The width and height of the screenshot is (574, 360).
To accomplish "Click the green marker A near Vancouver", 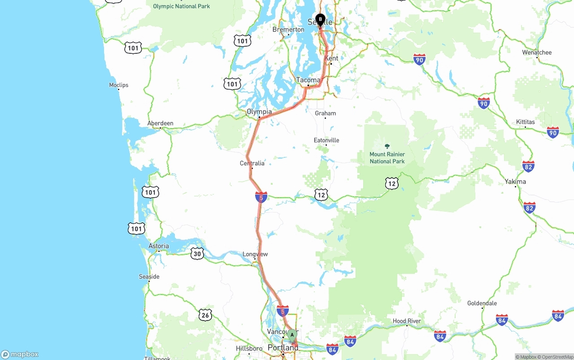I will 292,334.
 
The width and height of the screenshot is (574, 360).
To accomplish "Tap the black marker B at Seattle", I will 320,19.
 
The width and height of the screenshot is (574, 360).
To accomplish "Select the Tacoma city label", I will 308,80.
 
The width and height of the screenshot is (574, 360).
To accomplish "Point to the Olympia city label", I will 259,112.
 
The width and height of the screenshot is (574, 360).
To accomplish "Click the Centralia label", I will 252,163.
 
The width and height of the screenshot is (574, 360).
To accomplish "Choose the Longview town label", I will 255,254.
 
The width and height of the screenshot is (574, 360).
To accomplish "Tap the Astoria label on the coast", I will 159,246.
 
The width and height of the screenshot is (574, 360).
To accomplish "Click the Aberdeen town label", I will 160,123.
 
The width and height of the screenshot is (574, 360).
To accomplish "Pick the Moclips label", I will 119,85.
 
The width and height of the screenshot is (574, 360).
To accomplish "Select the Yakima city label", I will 515,182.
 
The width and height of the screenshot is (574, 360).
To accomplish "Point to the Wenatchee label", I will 537,52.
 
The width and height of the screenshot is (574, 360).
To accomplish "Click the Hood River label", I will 407,321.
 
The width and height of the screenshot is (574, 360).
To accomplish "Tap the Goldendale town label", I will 482,303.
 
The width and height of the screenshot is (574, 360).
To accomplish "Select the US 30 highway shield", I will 197,254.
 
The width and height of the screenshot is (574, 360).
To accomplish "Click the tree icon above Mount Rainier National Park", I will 387,146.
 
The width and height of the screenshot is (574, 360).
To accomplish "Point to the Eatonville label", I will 326,140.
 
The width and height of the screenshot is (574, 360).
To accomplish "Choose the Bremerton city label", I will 288,30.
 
